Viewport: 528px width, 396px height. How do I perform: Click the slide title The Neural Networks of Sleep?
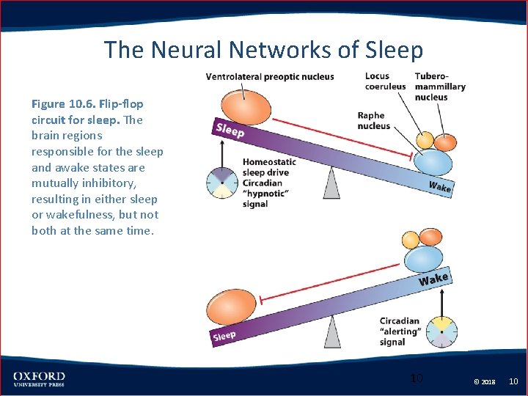click(x=263, y=50)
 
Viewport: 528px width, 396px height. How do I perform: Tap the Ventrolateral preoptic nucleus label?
click(x=269, y=77)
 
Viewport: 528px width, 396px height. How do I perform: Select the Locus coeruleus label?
click(x=385, y=81)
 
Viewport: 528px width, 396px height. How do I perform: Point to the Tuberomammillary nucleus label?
click(x=439, y=87)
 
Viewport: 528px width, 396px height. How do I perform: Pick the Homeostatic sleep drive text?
click(x=269, y=167)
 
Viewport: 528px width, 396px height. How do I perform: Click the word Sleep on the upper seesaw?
click(x=230, y=131)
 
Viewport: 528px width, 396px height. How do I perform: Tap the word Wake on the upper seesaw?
click(x=439, y=186)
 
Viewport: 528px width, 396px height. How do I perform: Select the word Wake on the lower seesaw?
click(x=433, y=279)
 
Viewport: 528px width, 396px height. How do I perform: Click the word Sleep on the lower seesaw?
click(x=224, y=336)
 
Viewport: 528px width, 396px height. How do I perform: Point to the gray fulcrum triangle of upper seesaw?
click(x=331, y=184)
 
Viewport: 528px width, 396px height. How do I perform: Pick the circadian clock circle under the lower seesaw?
click(x=441, y=330)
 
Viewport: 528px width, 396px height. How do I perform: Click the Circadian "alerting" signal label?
click(x=400, y=331)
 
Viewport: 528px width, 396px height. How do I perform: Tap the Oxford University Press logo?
click(x=39, y=379)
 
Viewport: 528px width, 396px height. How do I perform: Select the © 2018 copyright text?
click(x=485, y=381)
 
